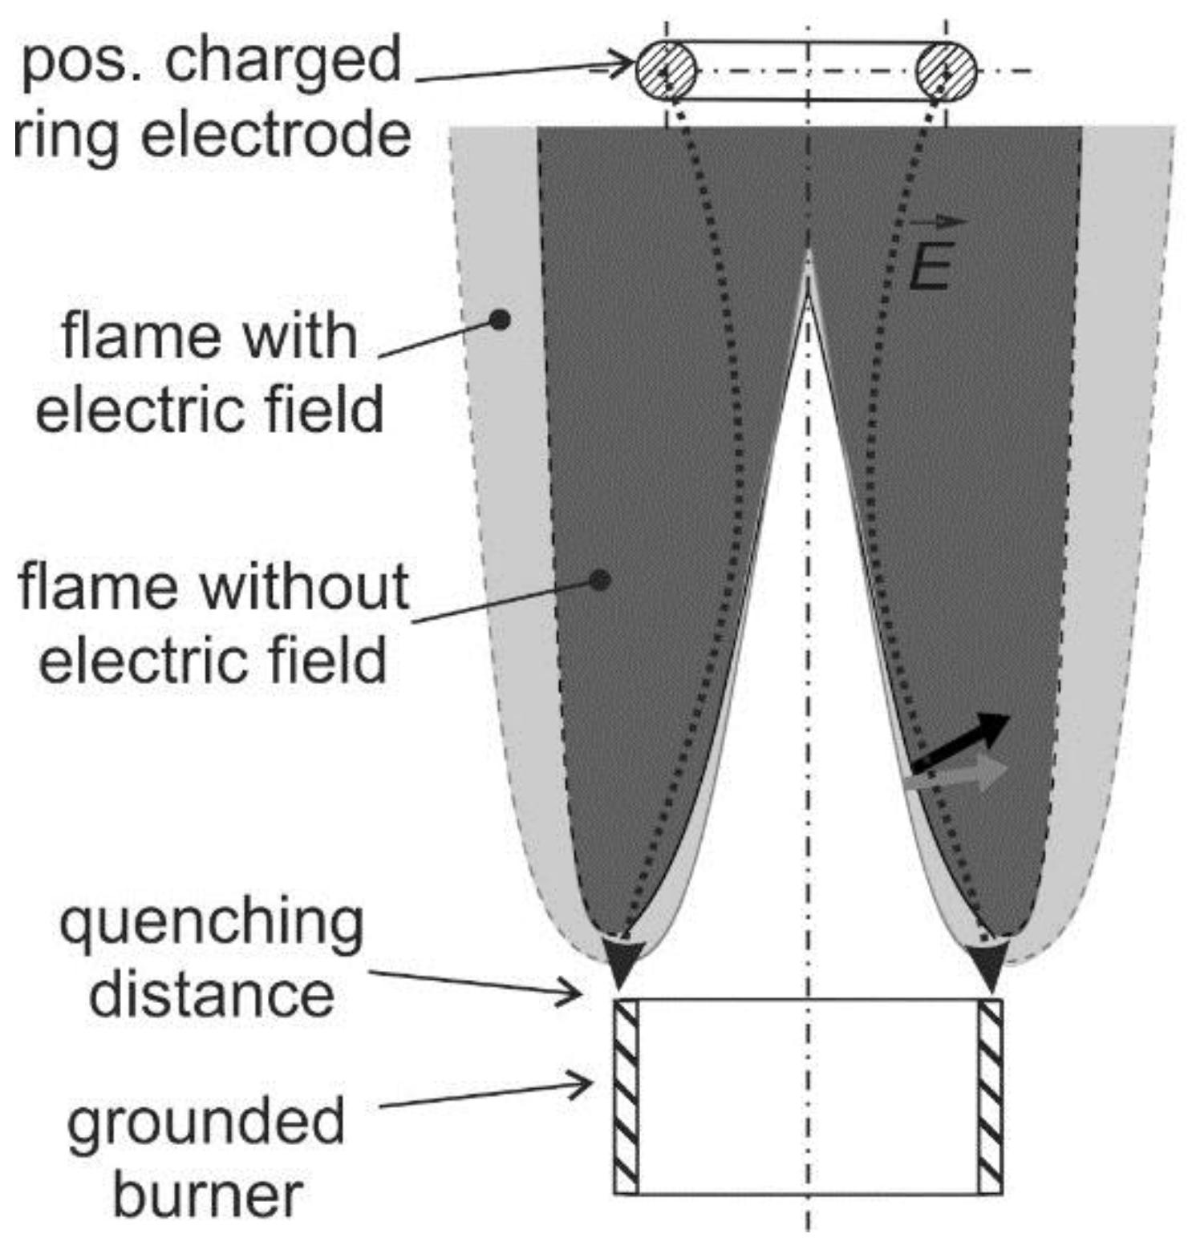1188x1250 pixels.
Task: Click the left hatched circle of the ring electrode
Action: pyautogui.click(x=666, y=71)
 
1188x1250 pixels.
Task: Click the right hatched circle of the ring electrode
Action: pyautogui.click(x=946, y=71)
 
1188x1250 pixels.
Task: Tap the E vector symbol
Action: pyautogui.click(x=933, y=256)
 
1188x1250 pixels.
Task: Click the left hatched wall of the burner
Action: pyautogui.click(x=626, y=1096)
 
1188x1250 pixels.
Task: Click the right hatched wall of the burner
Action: pyautogui.click(x=991, y=1096)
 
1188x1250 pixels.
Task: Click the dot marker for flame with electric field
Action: pyautogui.click(x=500, y=320)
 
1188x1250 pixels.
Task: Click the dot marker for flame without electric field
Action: pyautogui.click(x=601, y=580)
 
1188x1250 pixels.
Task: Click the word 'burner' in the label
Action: pyautogui.click(x=208, y=1195)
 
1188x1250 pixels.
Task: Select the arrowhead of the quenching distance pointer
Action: pyautogui.click(x=570, y=993)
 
